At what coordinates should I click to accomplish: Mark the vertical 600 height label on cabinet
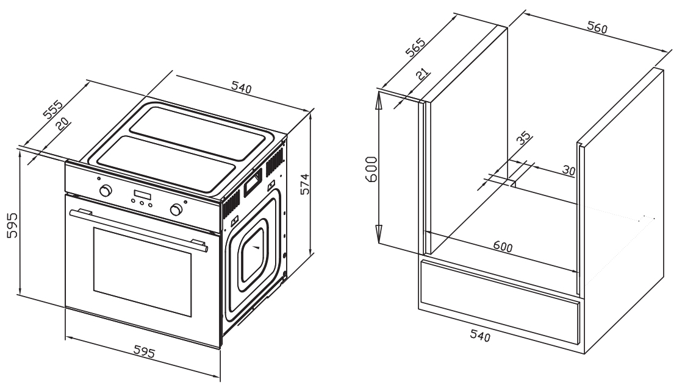pyautogui.click(x=370, y=169)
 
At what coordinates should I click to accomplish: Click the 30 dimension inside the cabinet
pyautogui.click(x=568, y=171)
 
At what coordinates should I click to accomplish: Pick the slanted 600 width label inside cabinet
pyautogui.click(x=502, y=247)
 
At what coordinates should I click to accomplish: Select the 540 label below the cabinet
pyautogui.click(x=482, y=334)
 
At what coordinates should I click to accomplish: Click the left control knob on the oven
pyautogui.click(x=106, y=191)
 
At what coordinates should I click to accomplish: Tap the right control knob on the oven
pyautogui.click(x=177, y=210)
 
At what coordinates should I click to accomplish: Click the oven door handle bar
pyautogui.click(x=137, y=228)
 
